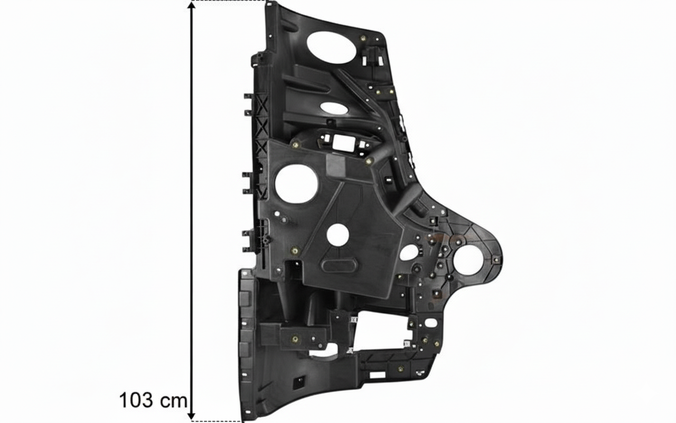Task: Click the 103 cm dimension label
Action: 153,401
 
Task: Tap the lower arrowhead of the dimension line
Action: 191,416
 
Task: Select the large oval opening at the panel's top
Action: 331,48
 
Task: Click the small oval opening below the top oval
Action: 333,108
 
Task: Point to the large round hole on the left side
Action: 296,183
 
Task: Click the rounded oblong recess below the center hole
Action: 339,265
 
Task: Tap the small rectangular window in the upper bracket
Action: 344,142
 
